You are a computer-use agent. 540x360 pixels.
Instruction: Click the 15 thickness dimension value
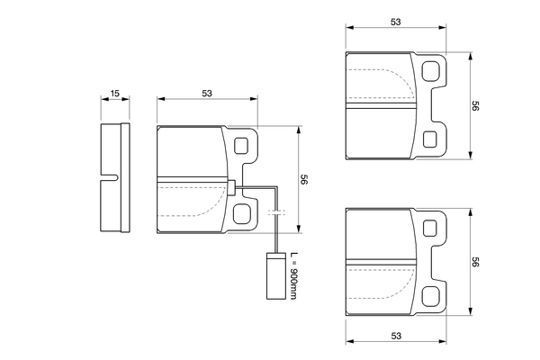click(x=115, y=93)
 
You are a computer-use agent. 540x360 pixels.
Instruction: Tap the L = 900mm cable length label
click(x=293, y=276)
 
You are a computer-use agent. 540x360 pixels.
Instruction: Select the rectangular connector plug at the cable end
click(x=276, y=276)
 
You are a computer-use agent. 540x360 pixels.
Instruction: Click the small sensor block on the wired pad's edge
click(x=231, y=188)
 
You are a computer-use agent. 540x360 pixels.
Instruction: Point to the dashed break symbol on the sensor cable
click(x=276, y=211)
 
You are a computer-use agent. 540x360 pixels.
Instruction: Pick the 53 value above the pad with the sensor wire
click(x=207, y=93)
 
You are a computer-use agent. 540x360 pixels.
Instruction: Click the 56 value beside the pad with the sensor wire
click(x=304, y=179)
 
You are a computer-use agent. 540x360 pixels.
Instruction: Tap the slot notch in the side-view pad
click(x=110, y=177)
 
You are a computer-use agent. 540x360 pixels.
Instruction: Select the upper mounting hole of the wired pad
click(x=241, y=146)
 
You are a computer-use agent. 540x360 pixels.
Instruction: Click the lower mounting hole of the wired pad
click(x=241, y=213)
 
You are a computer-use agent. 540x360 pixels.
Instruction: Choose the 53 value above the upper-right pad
click(x=396, y=22)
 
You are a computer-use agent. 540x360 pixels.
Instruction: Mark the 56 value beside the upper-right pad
click(x=475, y=106)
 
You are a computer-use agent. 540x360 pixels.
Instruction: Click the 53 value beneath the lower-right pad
click(x=396, y=336)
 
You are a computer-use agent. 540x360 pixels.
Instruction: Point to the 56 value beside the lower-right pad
click(x=475, y=262)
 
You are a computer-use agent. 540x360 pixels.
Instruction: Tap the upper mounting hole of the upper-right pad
click(x=431, y=71)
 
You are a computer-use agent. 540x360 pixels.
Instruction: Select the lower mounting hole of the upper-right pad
click(x=430, y=139)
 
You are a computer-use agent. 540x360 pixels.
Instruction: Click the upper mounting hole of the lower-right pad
click(x=430, y=229)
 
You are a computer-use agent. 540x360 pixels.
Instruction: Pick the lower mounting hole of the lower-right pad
click(x=431, y=296)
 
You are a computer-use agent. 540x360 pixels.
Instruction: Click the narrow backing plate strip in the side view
click(x=125, y=177)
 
